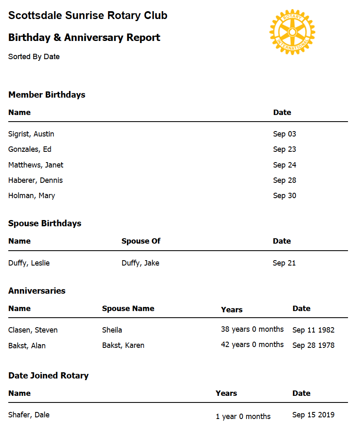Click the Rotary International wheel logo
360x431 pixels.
pos(292,31)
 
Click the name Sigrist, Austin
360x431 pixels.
pos(31,134)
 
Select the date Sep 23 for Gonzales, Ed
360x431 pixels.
pos(285,149)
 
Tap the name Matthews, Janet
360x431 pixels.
pos(36,165)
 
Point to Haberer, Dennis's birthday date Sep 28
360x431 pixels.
pos(285,180)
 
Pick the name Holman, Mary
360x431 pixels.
pos(31,196)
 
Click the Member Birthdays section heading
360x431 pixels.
pos(47,95)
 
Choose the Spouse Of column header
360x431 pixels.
pos(141,241)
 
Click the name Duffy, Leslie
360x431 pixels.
pos(29,263)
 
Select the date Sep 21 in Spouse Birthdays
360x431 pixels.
pos(284,263)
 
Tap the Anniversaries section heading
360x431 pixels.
pos(37,291)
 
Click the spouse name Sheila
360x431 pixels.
pos(112,330)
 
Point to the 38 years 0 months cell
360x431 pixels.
pos(252,329)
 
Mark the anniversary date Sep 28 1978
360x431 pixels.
pos(313,345)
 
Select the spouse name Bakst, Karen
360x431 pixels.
pos(123,345)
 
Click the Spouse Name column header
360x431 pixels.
pos(128,309)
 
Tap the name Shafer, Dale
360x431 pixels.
pos(29,415)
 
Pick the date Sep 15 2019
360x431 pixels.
pos(313,415)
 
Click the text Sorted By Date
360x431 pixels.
pos(34,57)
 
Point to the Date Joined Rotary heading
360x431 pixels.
pos(48,376)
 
